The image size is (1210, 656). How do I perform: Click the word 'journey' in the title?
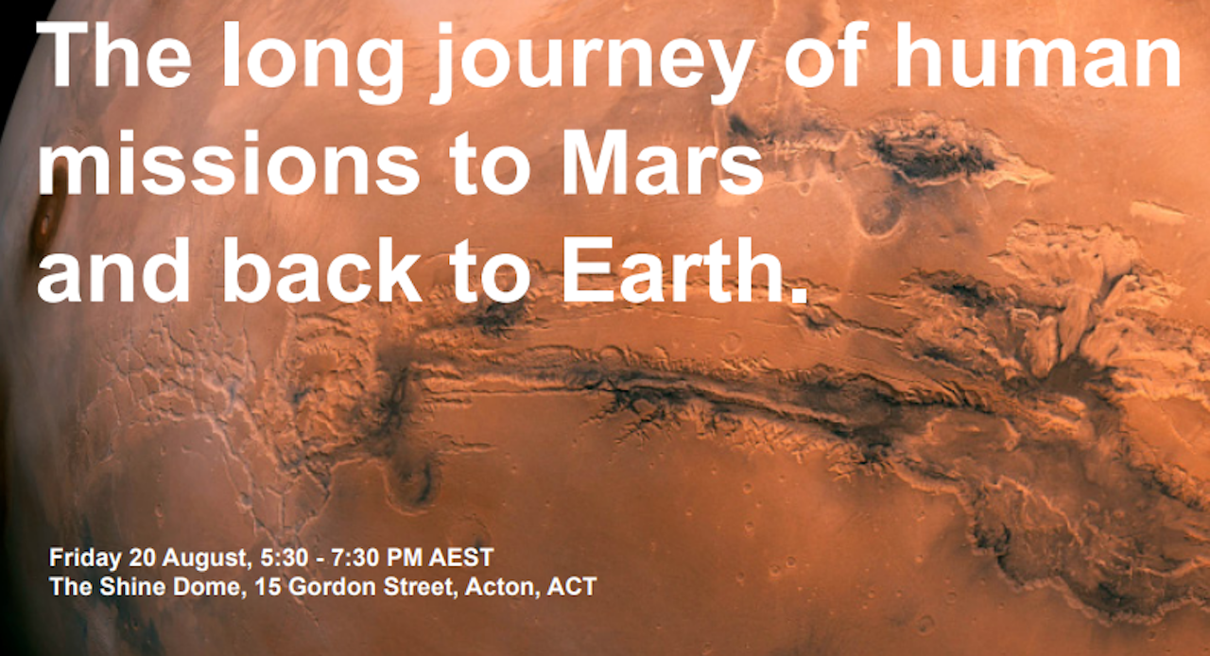[x=593, y=62]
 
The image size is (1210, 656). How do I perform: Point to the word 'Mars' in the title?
[x=662, y=163]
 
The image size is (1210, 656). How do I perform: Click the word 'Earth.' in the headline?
[x=683, y=269]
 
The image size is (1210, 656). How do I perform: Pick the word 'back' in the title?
[x=322, y=269]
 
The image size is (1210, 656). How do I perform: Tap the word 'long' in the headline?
[x=312, y=62]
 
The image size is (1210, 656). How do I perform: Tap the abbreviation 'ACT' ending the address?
[x=572, y=587]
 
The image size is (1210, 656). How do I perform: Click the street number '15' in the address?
[x=268, y=587]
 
